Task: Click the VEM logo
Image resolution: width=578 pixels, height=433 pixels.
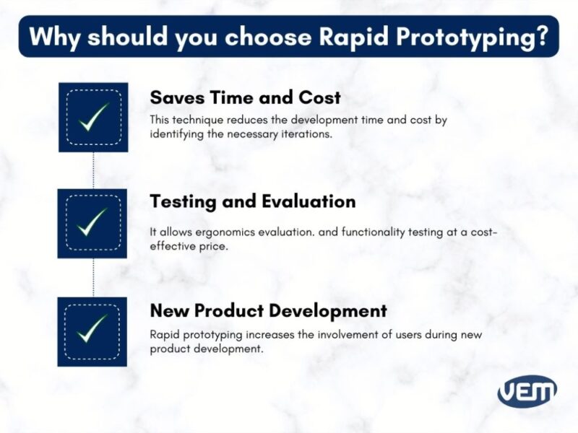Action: (527, 391)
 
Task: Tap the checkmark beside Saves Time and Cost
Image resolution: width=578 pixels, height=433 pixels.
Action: (93, 117)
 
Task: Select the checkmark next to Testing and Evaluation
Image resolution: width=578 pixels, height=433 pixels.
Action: (92, 223)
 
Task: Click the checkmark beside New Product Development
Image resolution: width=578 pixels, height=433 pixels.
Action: (92, 331)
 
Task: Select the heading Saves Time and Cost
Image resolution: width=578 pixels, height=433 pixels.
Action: (245, 97)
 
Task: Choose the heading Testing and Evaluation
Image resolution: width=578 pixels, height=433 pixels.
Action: (252, 201)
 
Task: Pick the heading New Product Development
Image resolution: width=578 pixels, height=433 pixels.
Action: (268, 311)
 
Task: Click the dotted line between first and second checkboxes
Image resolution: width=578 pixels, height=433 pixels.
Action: (93, 170)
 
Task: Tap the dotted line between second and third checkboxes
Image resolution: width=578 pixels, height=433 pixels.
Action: (93, 277)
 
